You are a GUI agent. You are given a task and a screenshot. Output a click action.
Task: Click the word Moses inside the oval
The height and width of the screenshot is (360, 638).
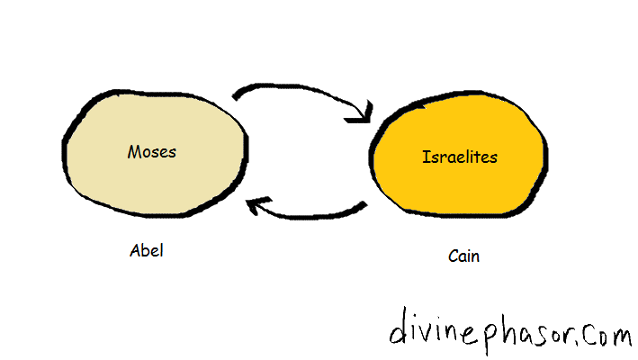pos(151,151)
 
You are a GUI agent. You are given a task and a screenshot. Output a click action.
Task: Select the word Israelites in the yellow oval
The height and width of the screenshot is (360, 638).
pos(460,157)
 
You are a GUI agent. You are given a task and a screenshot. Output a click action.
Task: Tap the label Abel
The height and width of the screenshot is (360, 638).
pos(148,251)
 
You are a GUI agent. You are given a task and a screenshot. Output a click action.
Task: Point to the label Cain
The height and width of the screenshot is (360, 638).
pos(463,256)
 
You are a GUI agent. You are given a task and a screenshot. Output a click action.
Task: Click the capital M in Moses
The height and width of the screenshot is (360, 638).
pos(133,151)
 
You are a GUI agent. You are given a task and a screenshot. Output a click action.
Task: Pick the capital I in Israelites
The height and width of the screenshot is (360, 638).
pos(426,157)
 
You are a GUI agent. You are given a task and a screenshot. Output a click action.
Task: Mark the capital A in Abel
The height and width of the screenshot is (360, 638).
pos(135,251)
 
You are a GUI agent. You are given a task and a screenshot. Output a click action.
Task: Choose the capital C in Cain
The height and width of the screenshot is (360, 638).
pos(452,256)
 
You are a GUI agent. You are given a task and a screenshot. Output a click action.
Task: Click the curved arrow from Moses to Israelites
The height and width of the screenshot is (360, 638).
pos(301,93)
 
